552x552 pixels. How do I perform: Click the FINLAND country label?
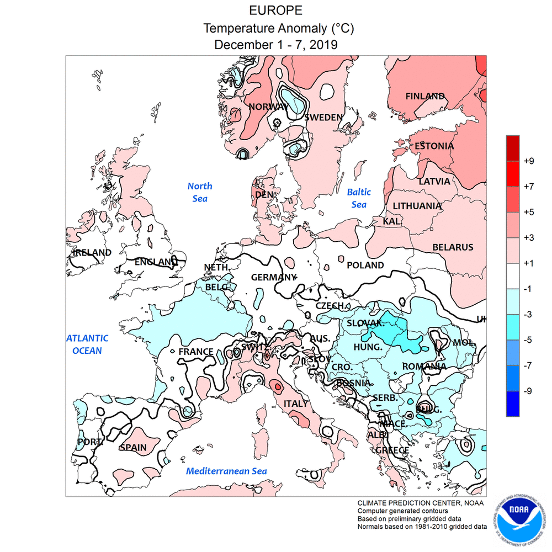tap(425, 96)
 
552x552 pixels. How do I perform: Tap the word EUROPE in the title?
tap(276, 11)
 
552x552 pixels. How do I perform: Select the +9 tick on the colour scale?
tap(529, 161)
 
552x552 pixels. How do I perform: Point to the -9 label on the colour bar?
tap(528, 391)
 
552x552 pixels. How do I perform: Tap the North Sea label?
tap(200, 192)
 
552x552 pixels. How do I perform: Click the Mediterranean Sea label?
tap(226, 471)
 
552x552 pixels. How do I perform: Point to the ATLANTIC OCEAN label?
tap(87, 344)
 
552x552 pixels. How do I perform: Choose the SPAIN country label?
tap(133, 447)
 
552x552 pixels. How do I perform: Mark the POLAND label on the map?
tap(365, 266)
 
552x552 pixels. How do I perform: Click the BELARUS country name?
tap(453, 247)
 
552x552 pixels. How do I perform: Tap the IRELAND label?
tap(92, 252)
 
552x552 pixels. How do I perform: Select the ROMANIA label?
tap(424, 366)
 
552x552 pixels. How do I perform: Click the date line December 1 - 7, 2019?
tap(276, 44)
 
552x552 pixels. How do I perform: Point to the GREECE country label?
tap(392, 450)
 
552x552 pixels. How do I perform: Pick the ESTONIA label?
tap(434, 146)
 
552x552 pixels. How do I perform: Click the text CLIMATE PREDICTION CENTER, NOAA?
tap(420, 503)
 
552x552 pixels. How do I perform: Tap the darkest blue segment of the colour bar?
tap(513, 404)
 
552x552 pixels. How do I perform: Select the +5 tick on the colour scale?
tap(529, 212)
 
